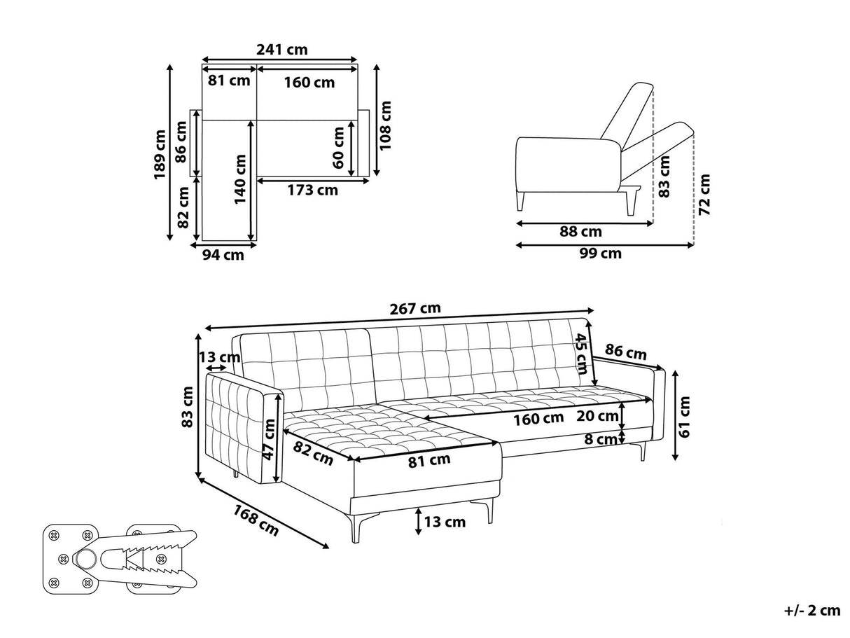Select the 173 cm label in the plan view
(312, 190)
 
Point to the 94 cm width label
(223, 256)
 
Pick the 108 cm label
(386, 125)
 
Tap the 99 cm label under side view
(600, 254)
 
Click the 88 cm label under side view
(580, 232)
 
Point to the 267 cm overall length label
(416, 309)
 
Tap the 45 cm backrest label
(581, 354)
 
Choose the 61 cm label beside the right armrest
(685, 416)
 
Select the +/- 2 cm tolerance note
(812, 611)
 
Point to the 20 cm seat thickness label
(597, 417)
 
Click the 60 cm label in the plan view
(340, 148)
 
